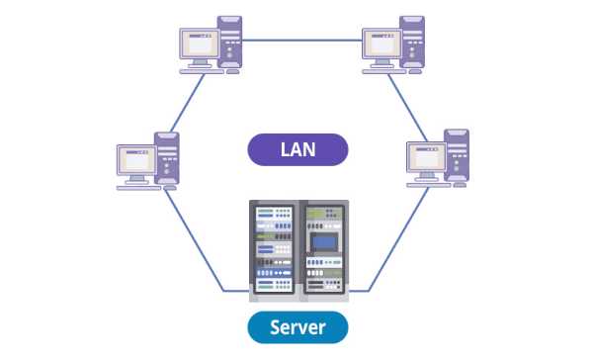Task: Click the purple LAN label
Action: point(297,149)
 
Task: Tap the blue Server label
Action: point(297,327)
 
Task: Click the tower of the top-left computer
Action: point(229,42)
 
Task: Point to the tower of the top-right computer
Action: point(412,42)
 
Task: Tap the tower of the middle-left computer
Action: point(167,158)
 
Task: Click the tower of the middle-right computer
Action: point(457,155)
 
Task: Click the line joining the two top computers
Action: point(302,40)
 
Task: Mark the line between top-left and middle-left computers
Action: point(188,103)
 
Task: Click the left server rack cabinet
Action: point(274,250)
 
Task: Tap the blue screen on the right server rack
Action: point(324,242)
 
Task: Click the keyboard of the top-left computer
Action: point(202,71)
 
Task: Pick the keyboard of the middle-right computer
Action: point(429,185)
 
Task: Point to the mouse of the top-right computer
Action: point(415,71)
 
